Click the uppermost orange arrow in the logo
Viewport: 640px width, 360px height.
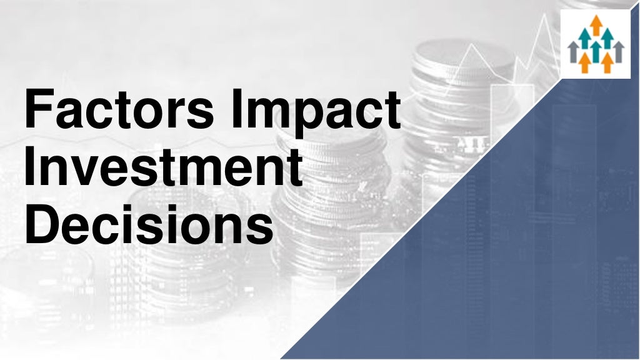tap(596, 25)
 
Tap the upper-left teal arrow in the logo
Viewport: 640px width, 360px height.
tap(585, 39)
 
